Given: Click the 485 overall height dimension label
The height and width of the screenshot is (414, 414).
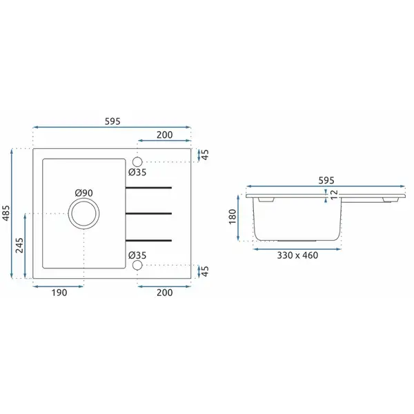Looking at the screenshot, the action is [6, 213].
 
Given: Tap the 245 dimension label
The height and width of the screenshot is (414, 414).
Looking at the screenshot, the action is [19, 245].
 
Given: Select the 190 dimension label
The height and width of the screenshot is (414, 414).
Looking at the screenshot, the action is [59, 293].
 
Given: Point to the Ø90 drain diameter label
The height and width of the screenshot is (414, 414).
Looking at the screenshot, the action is [84, 193].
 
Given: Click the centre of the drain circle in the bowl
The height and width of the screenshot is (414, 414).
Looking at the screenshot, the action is [84, 213].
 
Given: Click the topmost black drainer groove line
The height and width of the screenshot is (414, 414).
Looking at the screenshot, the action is [148, 188].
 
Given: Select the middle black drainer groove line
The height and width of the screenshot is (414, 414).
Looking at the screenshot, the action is [148, 213].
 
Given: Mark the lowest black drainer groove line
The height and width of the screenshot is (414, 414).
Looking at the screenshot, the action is [148, 240].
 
